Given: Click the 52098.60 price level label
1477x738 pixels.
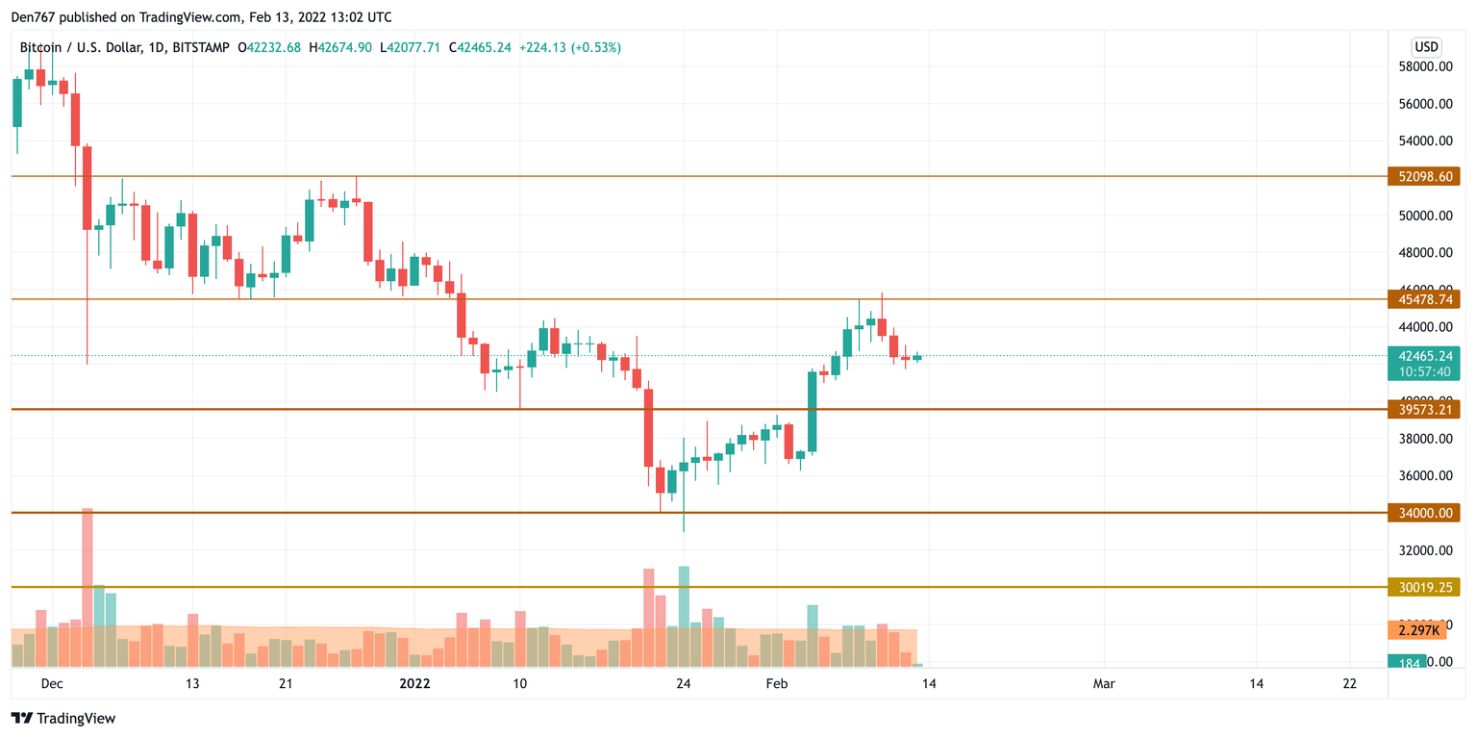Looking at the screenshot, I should (x=1423, y=176).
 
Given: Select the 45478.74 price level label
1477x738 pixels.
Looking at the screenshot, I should (x=1423, y=299).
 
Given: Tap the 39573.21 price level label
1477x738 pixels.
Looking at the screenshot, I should (x=1423, y=410).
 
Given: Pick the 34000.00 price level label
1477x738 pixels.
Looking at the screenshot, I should (x=1423, y=513).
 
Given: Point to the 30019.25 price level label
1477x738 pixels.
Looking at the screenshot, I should (x=1423, y=586).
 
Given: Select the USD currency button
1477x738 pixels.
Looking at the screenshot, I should (x=1425, y=47).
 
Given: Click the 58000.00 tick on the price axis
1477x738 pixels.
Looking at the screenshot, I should (x=1424, y=67).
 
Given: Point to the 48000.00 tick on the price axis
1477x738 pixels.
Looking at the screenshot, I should (x=1424, y=253).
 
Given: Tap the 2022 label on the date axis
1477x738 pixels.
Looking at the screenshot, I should (x=414, y=684).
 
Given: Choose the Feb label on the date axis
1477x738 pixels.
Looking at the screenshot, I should (x=776, y=684).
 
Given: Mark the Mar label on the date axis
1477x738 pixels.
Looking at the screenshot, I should (x=1104, y=684).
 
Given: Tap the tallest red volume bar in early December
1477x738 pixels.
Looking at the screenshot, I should (x=88, y=587).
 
